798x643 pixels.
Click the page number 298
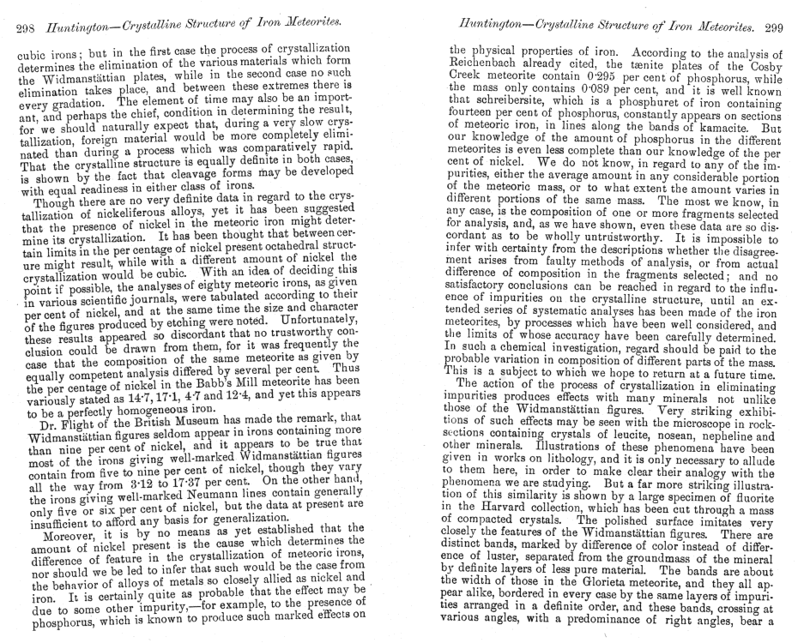27,32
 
